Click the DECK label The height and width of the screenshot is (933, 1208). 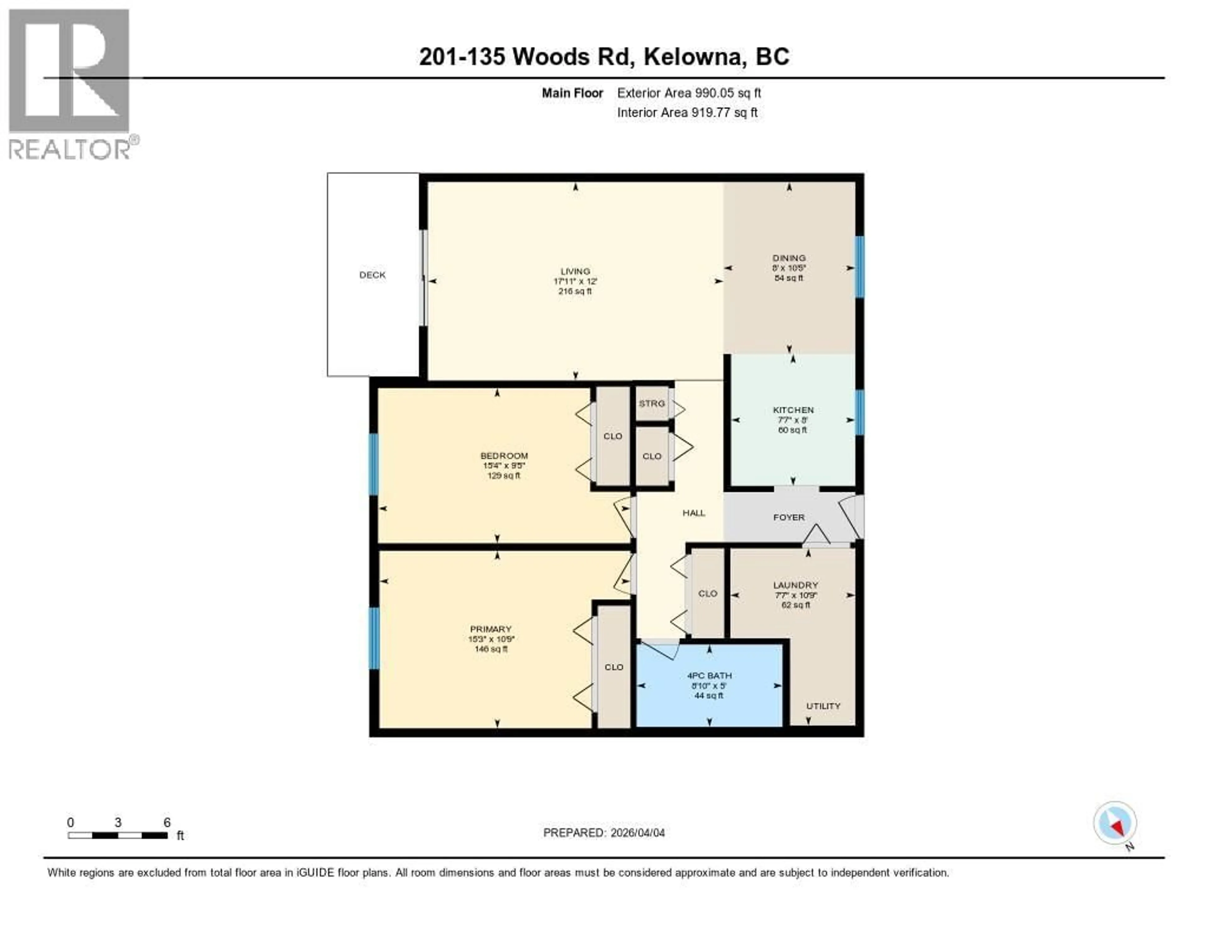[x=372, y=275]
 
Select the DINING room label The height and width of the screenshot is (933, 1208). [x=789, y=258]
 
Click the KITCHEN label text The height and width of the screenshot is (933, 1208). [x=793, y=410]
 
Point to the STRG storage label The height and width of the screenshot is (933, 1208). [x=652, y=403]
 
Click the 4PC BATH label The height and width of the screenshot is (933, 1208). [x=709, y=675]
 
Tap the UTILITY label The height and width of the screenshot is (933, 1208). [x=823, y=706]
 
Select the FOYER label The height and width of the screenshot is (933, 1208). [x=789, y=517]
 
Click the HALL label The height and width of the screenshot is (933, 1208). [x=694, y=513]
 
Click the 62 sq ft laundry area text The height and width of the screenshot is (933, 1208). [x=795, y=605]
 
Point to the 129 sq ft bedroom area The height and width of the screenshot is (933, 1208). [x=503, y=476]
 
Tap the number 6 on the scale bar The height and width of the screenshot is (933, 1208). [x=167, y=822]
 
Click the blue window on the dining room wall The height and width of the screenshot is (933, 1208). [x=859, y=266]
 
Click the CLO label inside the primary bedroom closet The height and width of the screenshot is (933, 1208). [x=614, y=667]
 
